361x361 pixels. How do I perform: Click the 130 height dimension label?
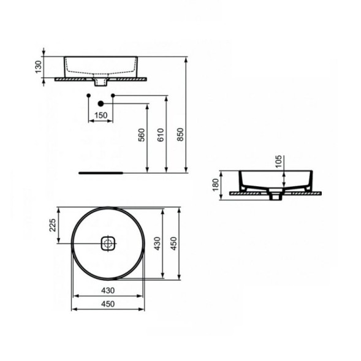(38, 66)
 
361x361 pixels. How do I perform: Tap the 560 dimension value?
(141, 135)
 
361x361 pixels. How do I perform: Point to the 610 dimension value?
(161, 135)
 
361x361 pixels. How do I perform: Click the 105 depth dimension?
(279, 161)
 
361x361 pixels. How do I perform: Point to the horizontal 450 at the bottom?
(108, 304)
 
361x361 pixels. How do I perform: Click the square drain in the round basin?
(108, 243)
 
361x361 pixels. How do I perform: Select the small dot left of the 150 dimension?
(89, 96)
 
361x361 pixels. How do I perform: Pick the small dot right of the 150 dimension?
(112, 96)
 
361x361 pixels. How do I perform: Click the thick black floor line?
(101, 173)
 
